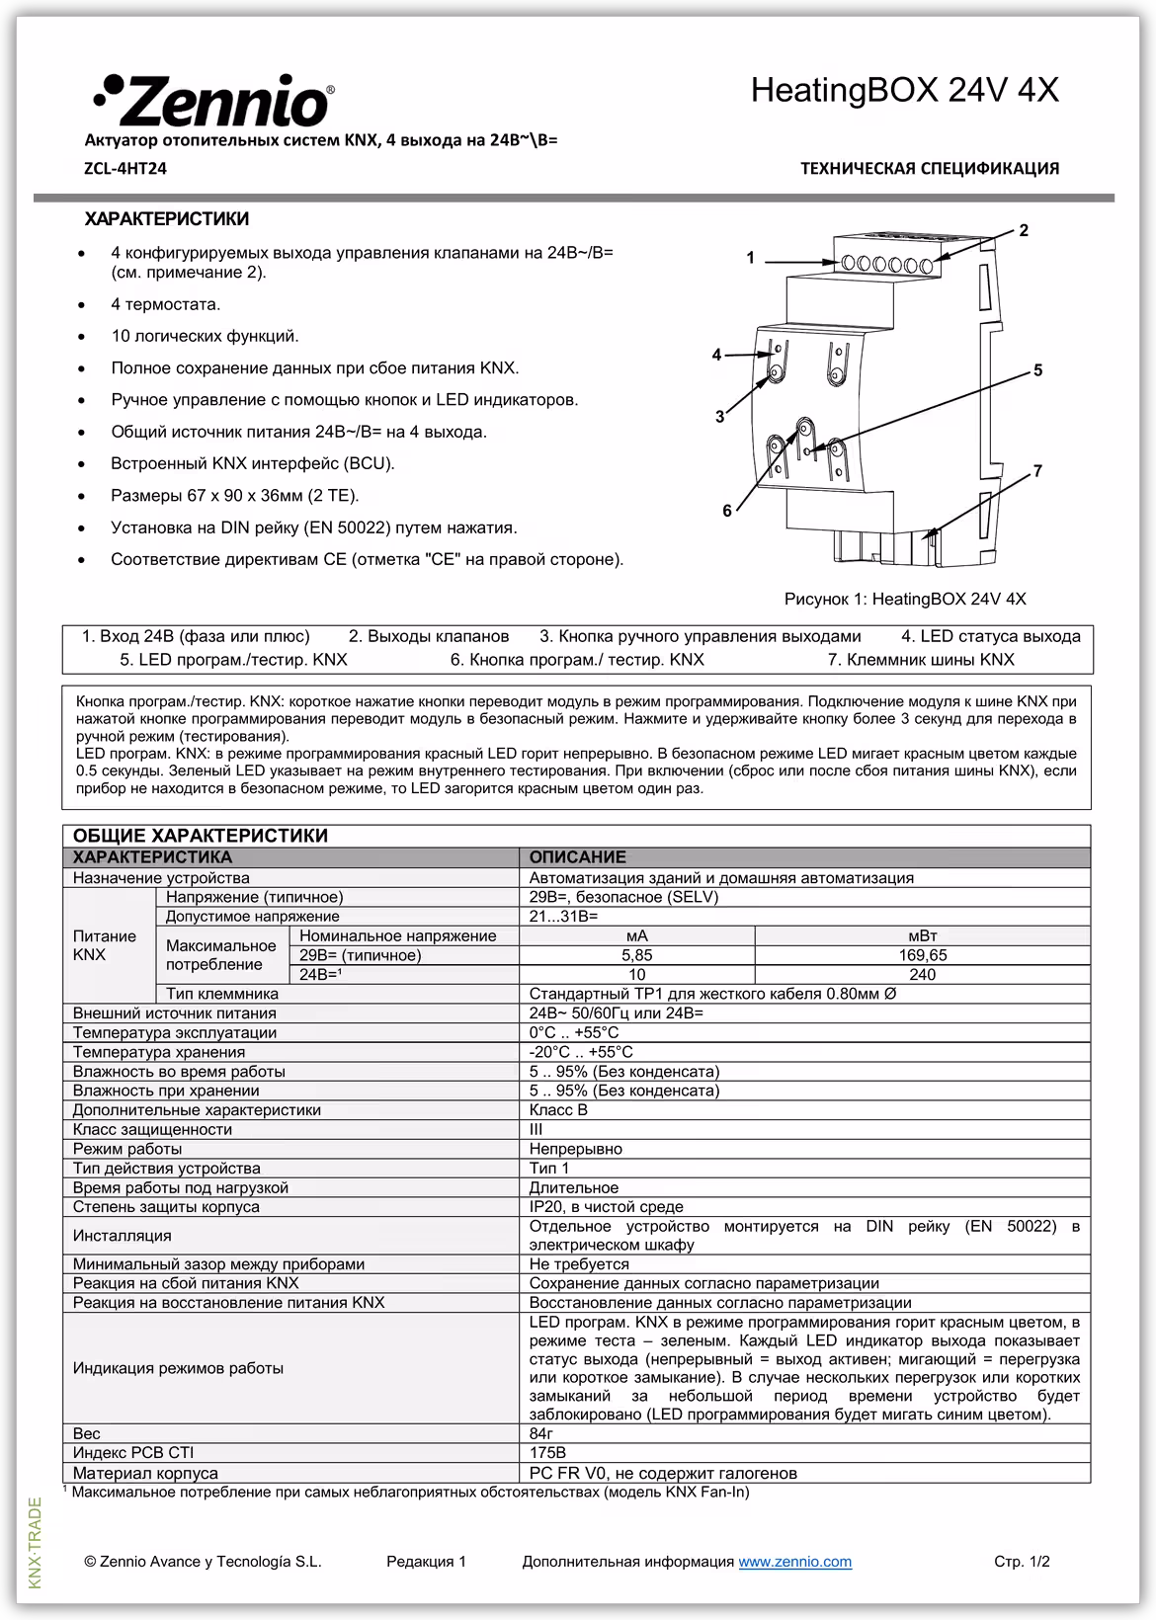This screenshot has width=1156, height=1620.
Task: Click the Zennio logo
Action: click(212, 100)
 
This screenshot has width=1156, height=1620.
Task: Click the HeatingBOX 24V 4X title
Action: click(904, 91)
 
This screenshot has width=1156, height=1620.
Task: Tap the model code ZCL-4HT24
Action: click(125, 169)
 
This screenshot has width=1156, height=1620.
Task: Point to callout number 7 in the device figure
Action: click(1037, 471)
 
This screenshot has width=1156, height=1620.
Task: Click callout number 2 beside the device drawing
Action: click(1024, 230)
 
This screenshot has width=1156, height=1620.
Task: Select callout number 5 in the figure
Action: click(1037, 370)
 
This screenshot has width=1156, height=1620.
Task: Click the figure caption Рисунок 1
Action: click(904, 599)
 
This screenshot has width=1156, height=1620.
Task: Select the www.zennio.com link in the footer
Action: click(794, 1562)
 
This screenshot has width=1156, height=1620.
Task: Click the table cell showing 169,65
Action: click(922, 955)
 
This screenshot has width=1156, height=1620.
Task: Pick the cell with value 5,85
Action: click(636, 955)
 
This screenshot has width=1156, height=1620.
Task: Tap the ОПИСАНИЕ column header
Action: click(577, 857)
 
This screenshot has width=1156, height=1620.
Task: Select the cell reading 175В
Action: click(547, 1453)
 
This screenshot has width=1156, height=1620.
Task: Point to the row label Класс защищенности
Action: click(152, 1129)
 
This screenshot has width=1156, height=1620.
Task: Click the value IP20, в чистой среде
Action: click(606, 1206)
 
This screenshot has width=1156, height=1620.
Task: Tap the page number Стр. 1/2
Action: click(1022, 1562)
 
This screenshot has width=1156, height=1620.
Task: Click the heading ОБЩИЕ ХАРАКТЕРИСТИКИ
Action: click(201, 836)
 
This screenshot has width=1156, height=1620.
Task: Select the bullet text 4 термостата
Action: click(165, 304)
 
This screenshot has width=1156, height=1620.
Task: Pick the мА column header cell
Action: click(636, 935)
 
